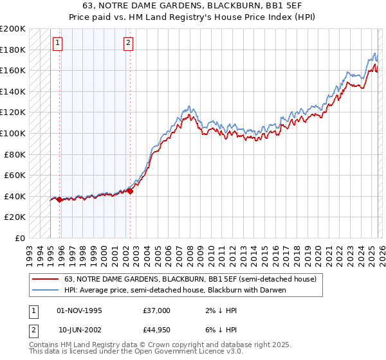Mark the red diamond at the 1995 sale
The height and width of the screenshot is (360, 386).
click(59, 199)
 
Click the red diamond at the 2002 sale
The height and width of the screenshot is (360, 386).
click(130, 190)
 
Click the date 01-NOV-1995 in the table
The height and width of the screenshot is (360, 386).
click(80, 310)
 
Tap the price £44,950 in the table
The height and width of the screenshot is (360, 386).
click(157, 330)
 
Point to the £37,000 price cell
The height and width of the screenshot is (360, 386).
click(157, 310)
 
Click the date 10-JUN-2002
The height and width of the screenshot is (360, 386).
click(80, 330)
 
